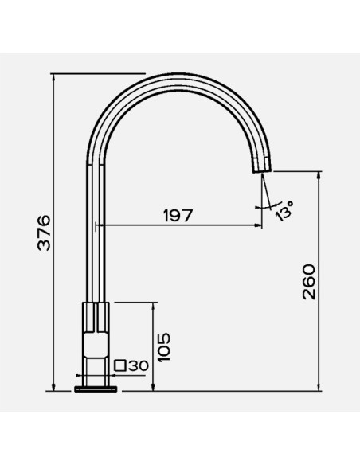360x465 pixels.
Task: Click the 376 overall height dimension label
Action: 44,232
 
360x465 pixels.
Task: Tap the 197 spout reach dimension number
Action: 178,216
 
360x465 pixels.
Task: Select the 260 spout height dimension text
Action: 309,282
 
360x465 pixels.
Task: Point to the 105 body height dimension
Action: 165,347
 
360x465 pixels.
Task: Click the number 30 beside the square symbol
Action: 139,366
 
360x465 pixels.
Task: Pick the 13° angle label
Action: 284,210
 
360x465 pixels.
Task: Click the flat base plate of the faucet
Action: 96,389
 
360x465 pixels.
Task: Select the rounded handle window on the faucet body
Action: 96,345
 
